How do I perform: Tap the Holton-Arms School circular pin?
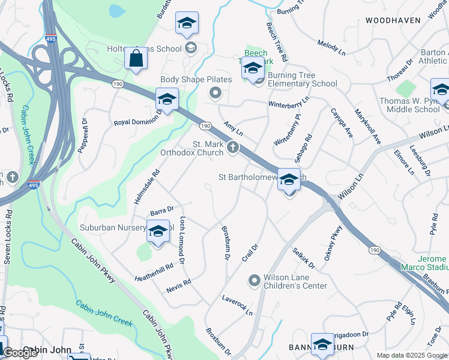click(191, 48)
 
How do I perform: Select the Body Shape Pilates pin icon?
click(215, 92)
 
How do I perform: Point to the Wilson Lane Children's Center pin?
click(255, 280)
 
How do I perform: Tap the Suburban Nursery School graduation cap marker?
click(158, 232)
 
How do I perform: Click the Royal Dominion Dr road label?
click(138, 118)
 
